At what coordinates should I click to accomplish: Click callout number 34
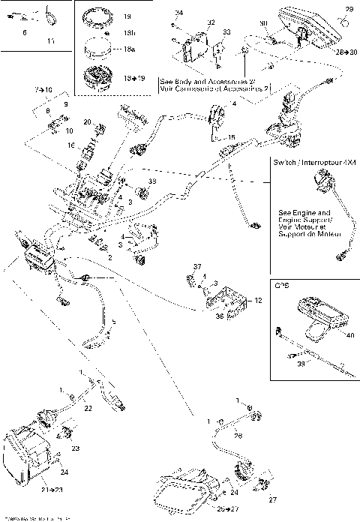tap(178, 13)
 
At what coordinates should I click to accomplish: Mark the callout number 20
tap(87, 122)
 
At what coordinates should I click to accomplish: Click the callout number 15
tap(232, 137)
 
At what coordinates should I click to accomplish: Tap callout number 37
tap(198, 267)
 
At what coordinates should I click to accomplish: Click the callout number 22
tap(88, 409)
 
